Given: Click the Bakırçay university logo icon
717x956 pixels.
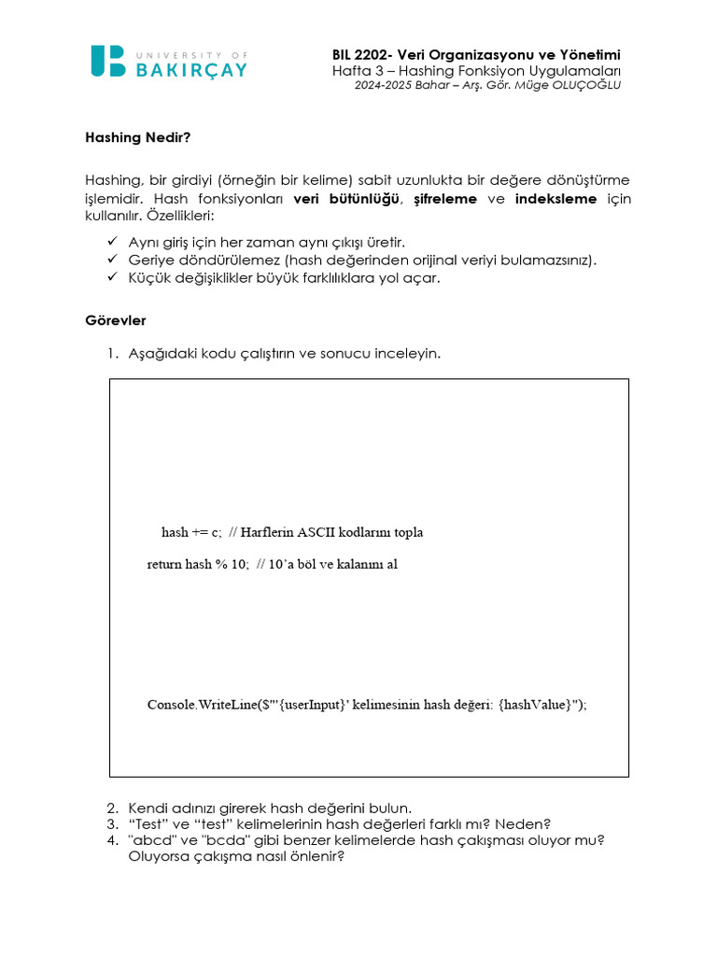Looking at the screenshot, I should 107,62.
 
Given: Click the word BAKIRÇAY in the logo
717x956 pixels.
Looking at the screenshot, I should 190,69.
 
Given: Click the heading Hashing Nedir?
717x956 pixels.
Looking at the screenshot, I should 137,136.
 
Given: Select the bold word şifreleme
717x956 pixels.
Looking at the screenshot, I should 445,199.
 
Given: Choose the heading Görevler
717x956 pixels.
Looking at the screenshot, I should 115,320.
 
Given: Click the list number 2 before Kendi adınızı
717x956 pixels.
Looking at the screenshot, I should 111,808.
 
